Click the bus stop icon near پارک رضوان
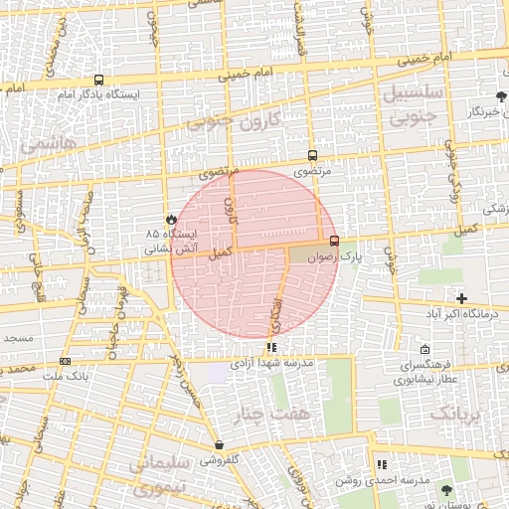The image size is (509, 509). tap(333, 240)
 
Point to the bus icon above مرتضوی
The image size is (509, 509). tap(313, 155)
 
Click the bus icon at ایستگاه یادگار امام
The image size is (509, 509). tap(97, 80)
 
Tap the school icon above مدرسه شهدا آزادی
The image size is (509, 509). tap(270, 348)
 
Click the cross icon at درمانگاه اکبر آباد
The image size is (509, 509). tap(461, 298)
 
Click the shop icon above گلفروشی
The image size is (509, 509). tap(219, 445)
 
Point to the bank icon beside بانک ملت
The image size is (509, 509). tap(66, 361)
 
